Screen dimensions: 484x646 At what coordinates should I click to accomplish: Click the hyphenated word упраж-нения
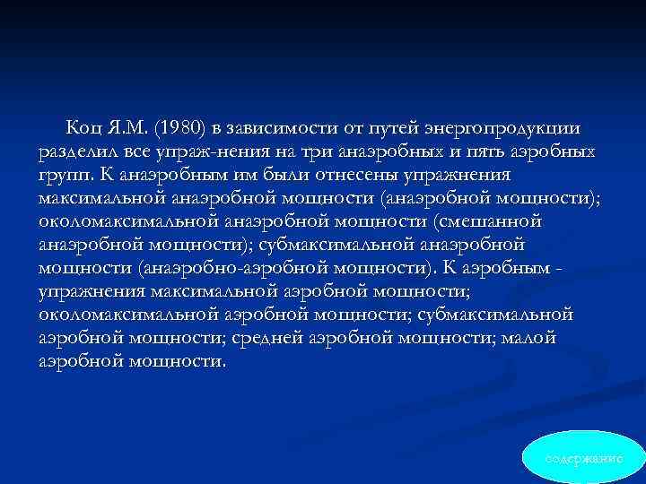tap(220, 151)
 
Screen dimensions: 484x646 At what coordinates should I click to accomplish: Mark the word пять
tap(493, 151)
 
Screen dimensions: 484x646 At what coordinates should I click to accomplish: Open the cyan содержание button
tap(584, 456)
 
